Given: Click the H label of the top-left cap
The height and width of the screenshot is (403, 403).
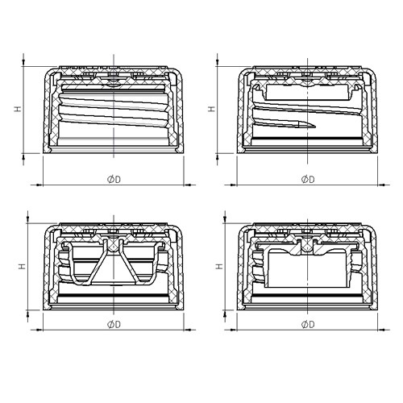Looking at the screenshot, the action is [18, 109].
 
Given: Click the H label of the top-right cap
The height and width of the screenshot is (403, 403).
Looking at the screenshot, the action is [212, 109].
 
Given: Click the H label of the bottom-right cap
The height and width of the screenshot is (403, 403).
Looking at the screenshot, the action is [219, 266].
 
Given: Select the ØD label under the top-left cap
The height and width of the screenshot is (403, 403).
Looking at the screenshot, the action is [114, 179].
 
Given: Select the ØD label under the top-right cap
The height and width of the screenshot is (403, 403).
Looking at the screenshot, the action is [308, 179].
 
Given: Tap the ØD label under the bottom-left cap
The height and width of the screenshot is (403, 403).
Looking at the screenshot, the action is [114, 325].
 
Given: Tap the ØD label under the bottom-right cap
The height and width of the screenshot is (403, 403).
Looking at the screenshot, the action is [308, 325].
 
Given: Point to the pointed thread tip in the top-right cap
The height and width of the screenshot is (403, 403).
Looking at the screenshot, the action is [315, 127].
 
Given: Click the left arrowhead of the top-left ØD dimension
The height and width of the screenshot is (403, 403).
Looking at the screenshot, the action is [39, 185].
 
